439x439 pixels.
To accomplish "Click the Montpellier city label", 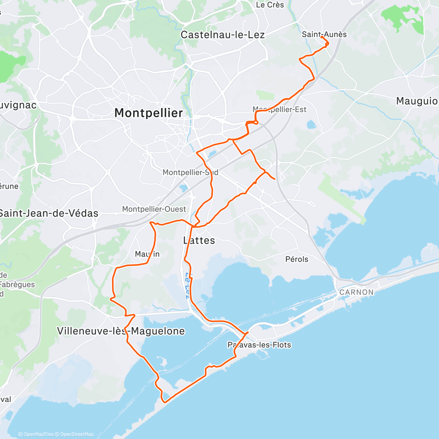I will point(149,113).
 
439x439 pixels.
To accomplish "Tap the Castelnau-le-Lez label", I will point(222,35).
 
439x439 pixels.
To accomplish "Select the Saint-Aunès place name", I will point(324,34).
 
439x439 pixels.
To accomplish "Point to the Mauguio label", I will point(417,101).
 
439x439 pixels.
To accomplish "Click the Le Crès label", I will point(270,5).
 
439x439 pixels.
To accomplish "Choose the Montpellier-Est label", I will point(279,109).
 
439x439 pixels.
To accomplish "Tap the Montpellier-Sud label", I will point(190,172).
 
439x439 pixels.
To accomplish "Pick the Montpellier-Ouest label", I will point(154,209).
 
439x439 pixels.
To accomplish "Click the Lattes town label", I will point(199,240).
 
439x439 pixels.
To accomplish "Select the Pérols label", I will point(297,259).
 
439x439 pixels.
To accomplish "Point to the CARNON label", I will point(356,292).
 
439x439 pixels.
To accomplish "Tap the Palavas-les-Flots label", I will point(259,345).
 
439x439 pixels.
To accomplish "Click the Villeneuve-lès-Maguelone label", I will point(121,331).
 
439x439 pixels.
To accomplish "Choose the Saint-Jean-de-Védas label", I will point(49,213).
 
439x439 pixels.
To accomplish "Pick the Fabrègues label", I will point(18,285).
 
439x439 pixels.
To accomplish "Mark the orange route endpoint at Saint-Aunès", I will point(322,37).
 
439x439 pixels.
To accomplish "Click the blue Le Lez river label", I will point(187,285).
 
